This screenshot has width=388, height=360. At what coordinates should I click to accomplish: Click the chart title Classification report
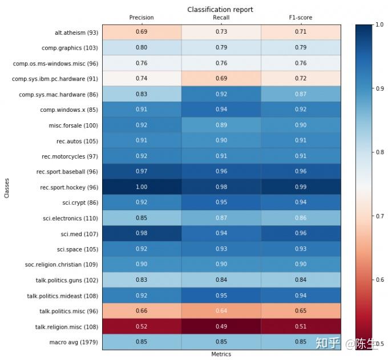pos(220,10)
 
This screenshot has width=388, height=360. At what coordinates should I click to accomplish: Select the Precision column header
pos(142,18)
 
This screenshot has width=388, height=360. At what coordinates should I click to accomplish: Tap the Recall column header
pos(221,18)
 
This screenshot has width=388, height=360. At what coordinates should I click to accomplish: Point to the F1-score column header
pos(301,18)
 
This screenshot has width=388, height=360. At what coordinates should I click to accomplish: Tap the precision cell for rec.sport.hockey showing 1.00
pos(142,187)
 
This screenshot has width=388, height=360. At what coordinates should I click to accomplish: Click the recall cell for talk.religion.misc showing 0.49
pos(221,327)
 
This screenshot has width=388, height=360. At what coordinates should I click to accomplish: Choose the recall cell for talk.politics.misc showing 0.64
pos(221,311)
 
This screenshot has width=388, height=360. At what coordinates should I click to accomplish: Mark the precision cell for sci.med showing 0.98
pos(142,234)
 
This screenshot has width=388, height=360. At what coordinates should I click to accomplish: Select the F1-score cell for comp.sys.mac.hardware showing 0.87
pos(301,95)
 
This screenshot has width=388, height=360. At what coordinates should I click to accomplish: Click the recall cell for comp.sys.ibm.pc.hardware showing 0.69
pos(221,79)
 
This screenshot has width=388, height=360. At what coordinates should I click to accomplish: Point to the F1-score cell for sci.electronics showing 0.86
pos(301,219)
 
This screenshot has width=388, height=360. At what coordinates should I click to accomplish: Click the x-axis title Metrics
pos(221,354)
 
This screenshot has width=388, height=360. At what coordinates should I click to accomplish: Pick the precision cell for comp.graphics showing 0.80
pos(142,48)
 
